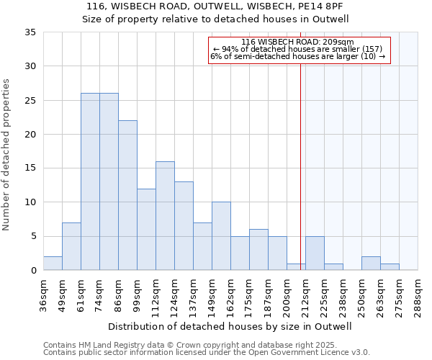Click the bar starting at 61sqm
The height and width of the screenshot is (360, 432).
point(90,181)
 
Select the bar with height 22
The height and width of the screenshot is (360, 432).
point(127,195)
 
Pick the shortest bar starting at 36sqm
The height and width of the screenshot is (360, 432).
point(53,263)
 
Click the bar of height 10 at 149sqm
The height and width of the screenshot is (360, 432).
point(221,236)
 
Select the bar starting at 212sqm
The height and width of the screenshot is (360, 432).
point(315,253)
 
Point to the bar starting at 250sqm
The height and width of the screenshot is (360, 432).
point(371,263)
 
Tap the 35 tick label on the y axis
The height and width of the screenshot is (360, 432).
point(30,32)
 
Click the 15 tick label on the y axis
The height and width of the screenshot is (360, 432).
point(30,168)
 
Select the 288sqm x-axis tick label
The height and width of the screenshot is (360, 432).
point(418,295)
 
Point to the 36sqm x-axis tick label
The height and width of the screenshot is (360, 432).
point(43,294)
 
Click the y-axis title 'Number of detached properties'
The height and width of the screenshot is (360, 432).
point(7,155)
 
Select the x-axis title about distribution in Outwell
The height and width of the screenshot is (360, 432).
point(230,326)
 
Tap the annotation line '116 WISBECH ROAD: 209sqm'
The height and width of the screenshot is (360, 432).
point(299,42)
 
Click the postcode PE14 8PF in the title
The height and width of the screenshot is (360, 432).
point(323,6)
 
